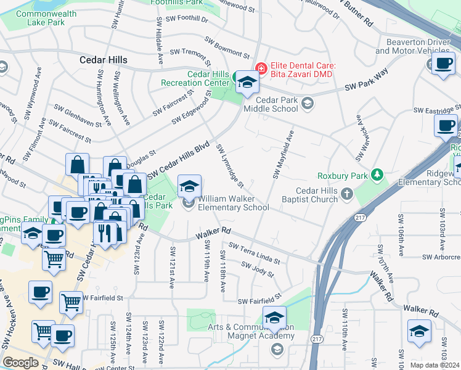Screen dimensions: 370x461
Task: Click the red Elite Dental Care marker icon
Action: pyautogui.click(x=261, y=67)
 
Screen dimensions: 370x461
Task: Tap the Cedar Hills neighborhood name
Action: pyautogui.click(x=104, y=60)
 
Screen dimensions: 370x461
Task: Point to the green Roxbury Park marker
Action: pyautogui.click(x=377, y=176)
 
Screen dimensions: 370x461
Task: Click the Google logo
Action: pyautogui.click(x=20, y=363)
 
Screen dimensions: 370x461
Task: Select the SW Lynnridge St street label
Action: pyautogui.click(x=230, y=166)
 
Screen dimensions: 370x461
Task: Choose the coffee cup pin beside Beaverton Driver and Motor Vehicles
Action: pyautogui.click(x=443, y=63)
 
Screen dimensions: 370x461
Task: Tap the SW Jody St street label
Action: pyautogui.click(x=258, y=269)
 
